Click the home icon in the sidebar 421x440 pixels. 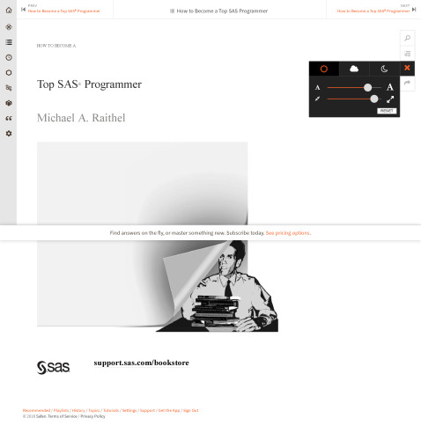[x=9, y=10]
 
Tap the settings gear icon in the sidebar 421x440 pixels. [x=9, y=134]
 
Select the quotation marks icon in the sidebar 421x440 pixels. [x=9, y=118]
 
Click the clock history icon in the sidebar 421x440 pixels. [x=9, y=57]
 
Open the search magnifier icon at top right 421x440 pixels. [x=407, y=39]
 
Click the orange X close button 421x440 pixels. [x=407, y=68]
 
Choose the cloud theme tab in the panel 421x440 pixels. [x=354, y=69]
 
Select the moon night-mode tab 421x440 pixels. [x=384, y=69]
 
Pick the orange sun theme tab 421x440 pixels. [x=324, y=69]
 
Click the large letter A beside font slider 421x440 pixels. [x=390, y=87]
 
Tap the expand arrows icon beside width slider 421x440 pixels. [x=390, y=99]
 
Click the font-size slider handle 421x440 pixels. [x=367, y=87]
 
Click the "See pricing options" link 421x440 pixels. [x=288, y=233]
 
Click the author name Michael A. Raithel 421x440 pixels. [x=81, y=118]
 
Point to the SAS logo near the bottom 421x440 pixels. [x=53, y=366]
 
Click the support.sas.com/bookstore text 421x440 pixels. [x=141, y=363]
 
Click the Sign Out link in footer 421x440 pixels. [x=190, y=410]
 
